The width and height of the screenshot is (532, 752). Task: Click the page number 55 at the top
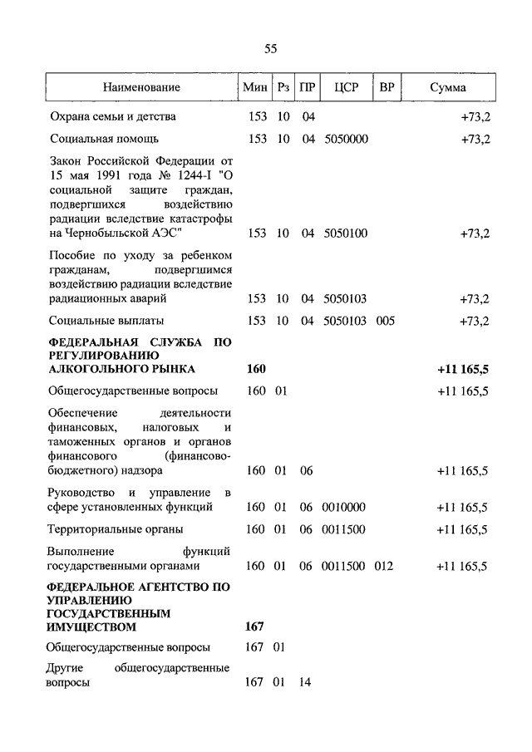(x=270, y=49)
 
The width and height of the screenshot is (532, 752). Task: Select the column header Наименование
(x=141, y=87)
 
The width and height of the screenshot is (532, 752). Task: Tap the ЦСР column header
(x=345, y=87)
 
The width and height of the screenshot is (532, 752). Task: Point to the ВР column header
(x=387, y=87)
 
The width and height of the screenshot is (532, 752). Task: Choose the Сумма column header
(x=448, y=87)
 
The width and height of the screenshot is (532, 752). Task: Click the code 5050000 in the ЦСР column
(x=346, y=139)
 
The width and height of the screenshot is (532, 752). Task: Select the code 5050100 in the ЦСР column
(x=346, y=233)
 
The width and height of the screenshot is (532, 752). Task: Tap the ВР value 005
(x=385, y=320)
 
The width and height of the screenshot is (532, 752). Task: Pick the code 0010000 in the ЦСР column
(x=346, y=506)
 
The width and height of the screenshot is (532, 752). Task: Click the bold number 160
(x=256, y=368)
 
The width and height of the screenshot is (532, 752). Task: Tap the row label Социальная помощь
(x=104, y=139)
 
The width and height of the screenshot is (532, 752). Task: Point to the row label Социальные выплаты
(x=106, y=320)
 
